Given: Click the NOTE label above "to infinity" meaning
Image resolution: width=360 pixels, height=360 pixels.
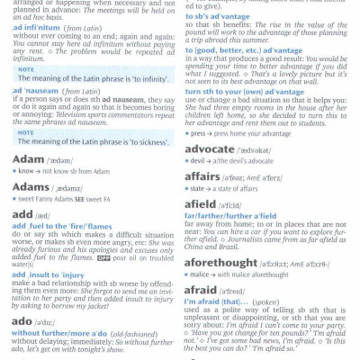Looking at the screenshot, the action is click(x=26, y=68).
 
